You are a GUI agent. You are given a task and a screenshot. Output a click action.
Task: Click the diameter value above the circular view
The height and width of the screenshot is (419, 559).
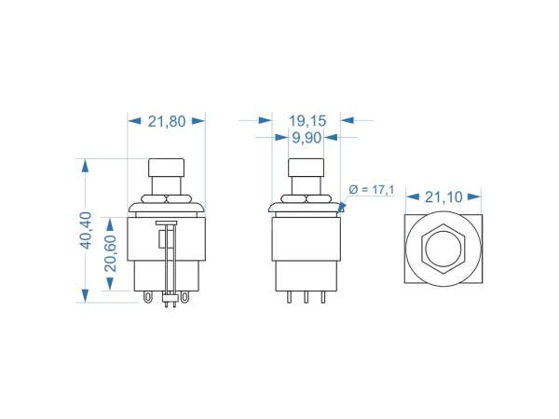coord(443,196)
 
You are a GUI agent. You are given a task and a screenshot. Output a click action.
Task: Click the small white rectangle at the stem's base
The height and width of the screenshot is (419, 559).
coord(170,299)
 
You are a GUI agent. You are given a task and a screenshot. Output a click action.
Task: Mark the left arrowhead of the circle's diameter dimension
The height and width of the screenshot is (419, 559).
coord(409,196)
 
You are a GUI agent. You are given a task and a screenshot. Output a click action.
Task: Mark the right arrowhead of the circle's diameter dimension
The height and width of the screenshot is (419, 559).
coord(479,196)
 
